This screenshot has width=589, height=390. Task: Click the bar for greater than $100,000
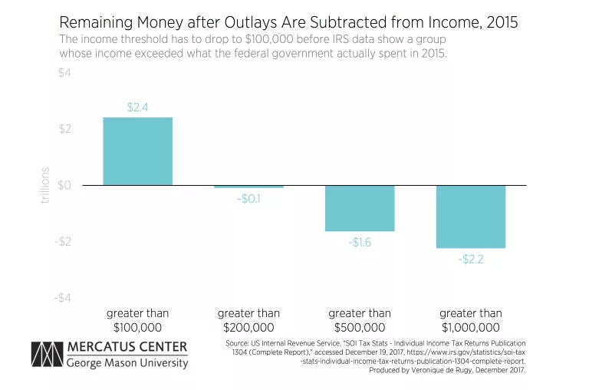point(138,151)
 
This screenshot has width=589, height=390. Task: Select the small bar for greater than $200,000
point(248,187)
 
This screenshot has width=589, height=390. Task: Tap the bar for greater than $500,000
point(360,208)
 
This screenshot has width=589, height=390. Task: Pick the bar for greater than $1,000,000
point(471,216)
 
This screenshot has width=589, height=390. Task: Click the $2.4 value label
point(138,108)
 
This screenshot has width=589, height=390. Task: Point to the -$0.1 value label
point(248,200)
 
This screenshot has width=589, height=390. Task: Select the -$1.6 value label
point(360,243)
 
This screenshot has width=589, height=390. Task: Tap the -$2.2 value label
point(471,259)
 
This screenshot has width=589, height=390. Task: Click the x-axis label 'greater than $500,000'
point(360,320)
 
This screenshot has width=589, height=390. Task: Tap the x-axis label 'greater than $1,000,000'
point(471,320)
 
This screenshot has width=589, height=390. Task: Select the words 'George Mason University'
point(127,363)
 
